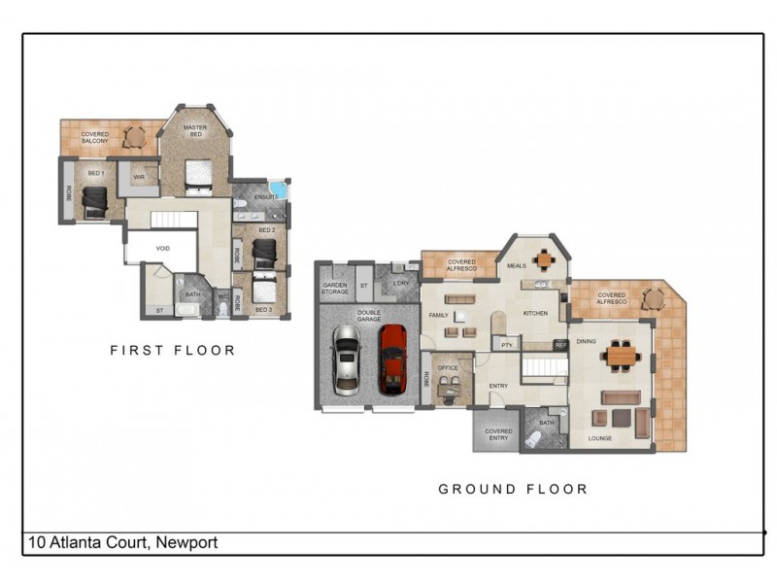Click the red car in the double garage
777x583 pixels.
click(392, 358)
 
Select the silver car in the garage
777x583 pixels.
click(347, 360)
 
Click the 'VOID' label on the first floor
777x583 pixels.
click(162, 248)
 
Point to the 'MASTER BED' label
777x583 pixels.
click(195, 131)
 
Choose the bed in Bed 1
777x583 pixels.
click(95, 202)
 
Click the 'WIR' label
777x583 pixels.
click(138, 178)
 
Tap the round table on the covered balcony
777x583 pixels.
click(133, 137)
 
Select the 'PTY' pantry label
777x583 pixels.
click(505, 344)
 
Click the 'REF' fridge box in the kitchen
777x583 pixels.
click(560, 344)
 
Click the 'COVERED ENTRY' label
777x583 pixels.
click(498, 433)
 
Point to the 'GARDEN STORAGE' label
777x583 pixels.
click(335, 288)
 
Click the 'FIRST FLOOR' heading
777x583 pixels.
click(172, 350)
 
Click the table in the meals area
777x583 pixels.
click(545, 260)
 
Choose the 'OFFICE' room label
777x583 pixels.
click(447, 368)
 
